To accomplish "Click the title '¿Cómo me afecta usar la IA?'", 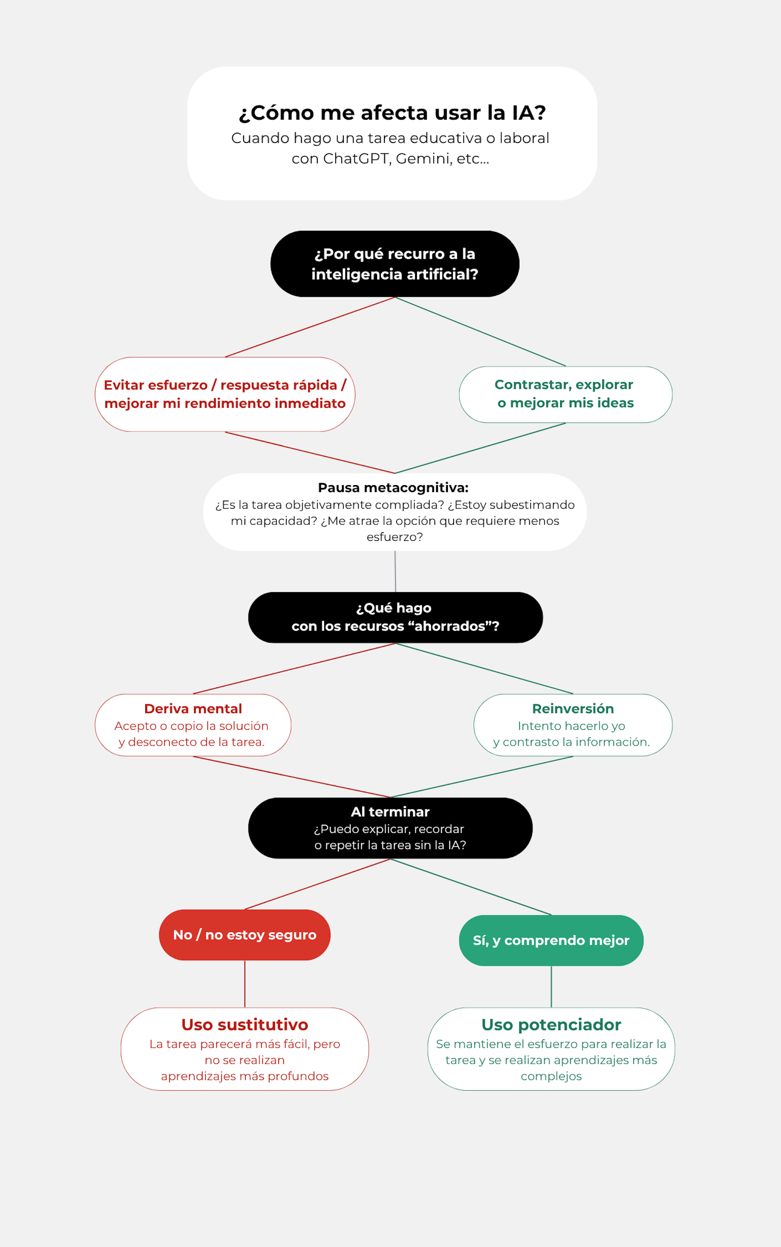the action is (392, 113).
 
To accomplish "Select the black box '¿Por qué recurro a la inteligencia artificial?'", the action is (395, 264).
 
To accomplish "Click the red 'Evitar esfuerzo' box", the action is (225, 394).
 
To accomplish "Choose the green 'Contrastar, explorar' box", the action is (565, 394).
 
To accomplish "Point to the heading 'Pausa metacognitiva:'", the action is (393, 487).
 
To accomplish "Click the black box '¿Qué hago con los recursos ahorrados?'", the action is (395, 617).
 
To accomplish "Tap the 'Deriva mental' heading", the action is (193, 709).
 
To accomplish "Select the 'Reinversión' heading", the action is (573, 709).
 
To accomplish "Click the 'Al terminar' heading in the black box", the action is (390, 812).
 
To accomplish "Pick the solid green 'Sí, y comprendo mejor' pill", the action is (551, 940).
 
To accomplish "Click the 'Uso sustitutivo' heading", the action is (245, 1024).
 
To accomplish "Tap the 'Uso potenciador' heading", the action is (551, 1024).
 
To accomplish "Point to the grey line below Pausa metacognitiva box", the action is (395, 571).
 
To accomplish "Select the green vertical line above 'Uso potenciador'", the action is (551, 987).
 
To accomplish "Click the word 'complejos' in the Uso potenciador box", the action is (551, 1076).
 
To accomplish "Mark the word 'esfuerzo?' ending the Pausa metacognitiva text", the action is (395, 537).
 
